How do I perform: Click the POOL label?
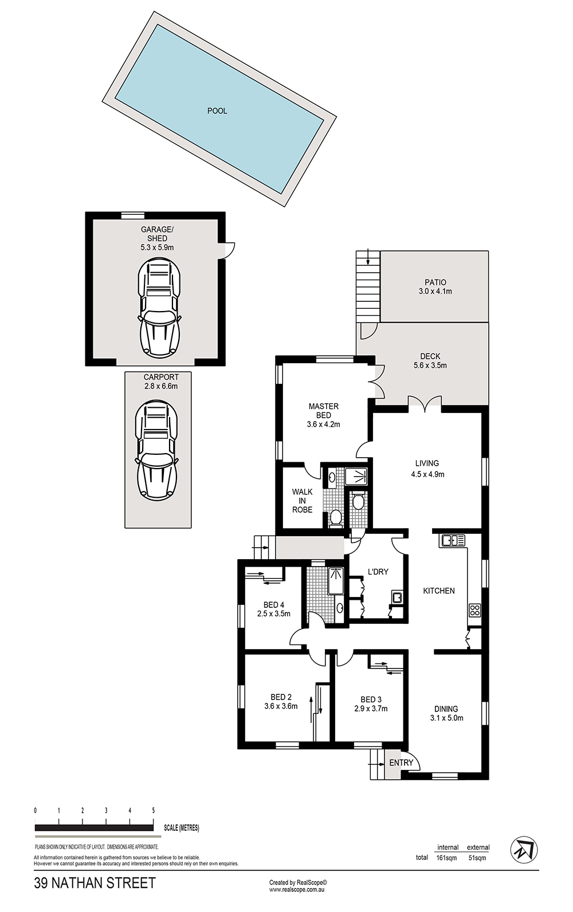[x=217, y=111]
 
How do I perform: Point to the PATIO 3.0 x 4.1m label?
[x=435, y=286]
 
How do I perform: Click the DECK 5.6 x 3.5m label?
[x=430, y=361]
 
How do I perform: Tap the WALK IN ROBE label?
[x=302, y=501]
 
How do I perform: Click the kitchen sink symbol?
[x=453, y=541]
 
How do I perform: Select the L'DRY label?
[x=378, y=572]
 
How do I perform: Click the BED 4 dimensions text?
[x=274, y=614]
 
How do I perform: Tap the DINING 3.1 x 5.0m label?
[x=446, y=713]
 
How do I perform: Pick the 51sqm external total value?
[x=478, y=858]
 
